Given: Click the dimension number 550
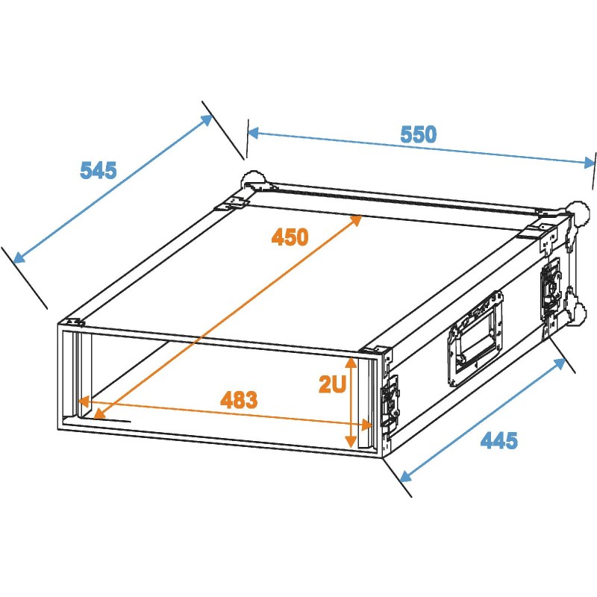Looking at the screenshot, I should (x=418, y=135).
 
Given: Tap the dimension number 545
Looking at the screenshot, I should (x=99, y=171).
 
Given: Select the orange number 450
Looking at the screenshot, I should (x=290, y=238).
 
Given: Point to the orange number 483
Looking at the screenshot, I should (x=239, y=400).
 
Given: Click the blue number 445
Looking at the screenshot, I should (x=498, y=441).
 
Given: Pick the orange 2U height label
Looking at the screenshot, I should (x=331, y=385).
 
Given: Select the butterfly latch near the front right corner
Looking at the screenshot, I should (x=390, y=403).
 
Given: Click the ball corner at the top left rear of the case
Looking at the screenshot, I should (x=250, y=179).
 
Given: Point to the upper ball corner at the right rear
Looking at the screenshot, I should (x=577, y=210).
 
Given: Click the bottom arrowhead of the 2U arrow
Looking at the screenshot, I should (x=351, y=443).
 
